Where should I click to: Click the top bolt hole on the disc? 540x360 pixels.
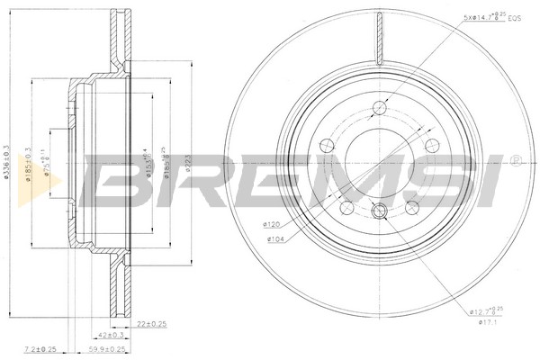[379, 109]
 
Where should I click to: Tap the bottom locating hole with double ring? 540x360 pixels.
[379, 211]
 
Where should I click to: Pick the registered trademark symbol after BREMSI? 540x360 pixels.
[514, 160]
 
